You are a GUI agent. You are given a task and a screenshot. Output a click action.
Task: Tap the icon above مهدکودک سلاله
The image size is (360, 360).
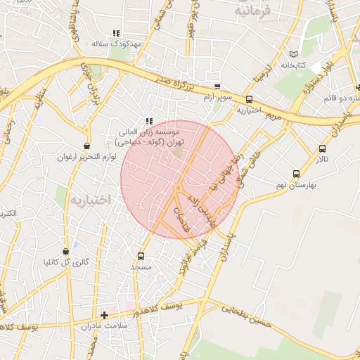[117, 33]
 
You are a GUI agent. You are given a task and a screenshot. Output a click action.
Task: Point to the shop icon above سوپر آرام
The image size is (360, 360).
[217, 86]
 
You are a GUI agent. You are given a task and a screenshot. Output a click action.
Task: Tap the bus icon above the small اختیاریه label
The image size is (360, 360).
[250, 100]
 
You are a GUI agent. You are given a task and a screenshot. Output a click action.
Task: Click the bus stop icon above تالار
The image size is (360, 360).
[322, 148]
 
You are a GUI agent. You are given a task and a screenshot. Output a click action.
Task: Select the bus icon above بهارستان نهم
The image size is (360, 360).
[295, 174]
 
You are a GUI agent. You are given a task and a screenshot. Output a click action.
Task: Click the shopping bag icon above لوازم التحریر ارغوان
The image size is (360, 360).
[86, 146]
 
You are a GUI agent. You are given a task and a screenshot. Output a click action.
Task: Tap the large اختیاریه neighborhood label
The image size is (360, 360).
[90, 200]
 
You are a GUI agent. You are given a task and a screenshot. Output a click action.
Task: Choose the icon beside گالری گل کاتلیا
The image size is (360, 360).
[65, 252]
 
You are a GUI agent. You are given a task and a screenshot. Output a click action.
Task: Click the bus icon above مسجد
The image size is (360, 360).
[141, 256]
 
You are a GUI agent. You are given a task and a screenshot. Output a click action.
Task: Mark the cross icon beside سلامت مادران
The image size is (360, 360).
[104, 315]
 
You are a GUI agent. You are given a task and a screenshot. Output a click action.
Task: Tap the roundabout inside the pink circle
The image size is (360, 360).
[178, 188]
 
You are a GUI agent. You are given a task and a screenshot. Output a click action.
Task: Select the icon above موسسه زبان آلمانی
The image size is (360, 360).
[148, 120]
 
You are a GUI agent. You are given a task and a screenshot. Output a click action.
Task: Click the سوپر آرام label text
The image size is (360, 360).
[218, 96]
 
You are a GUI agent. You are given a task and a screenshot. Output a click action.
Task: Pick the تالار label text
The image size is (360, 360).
[321, 159]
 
